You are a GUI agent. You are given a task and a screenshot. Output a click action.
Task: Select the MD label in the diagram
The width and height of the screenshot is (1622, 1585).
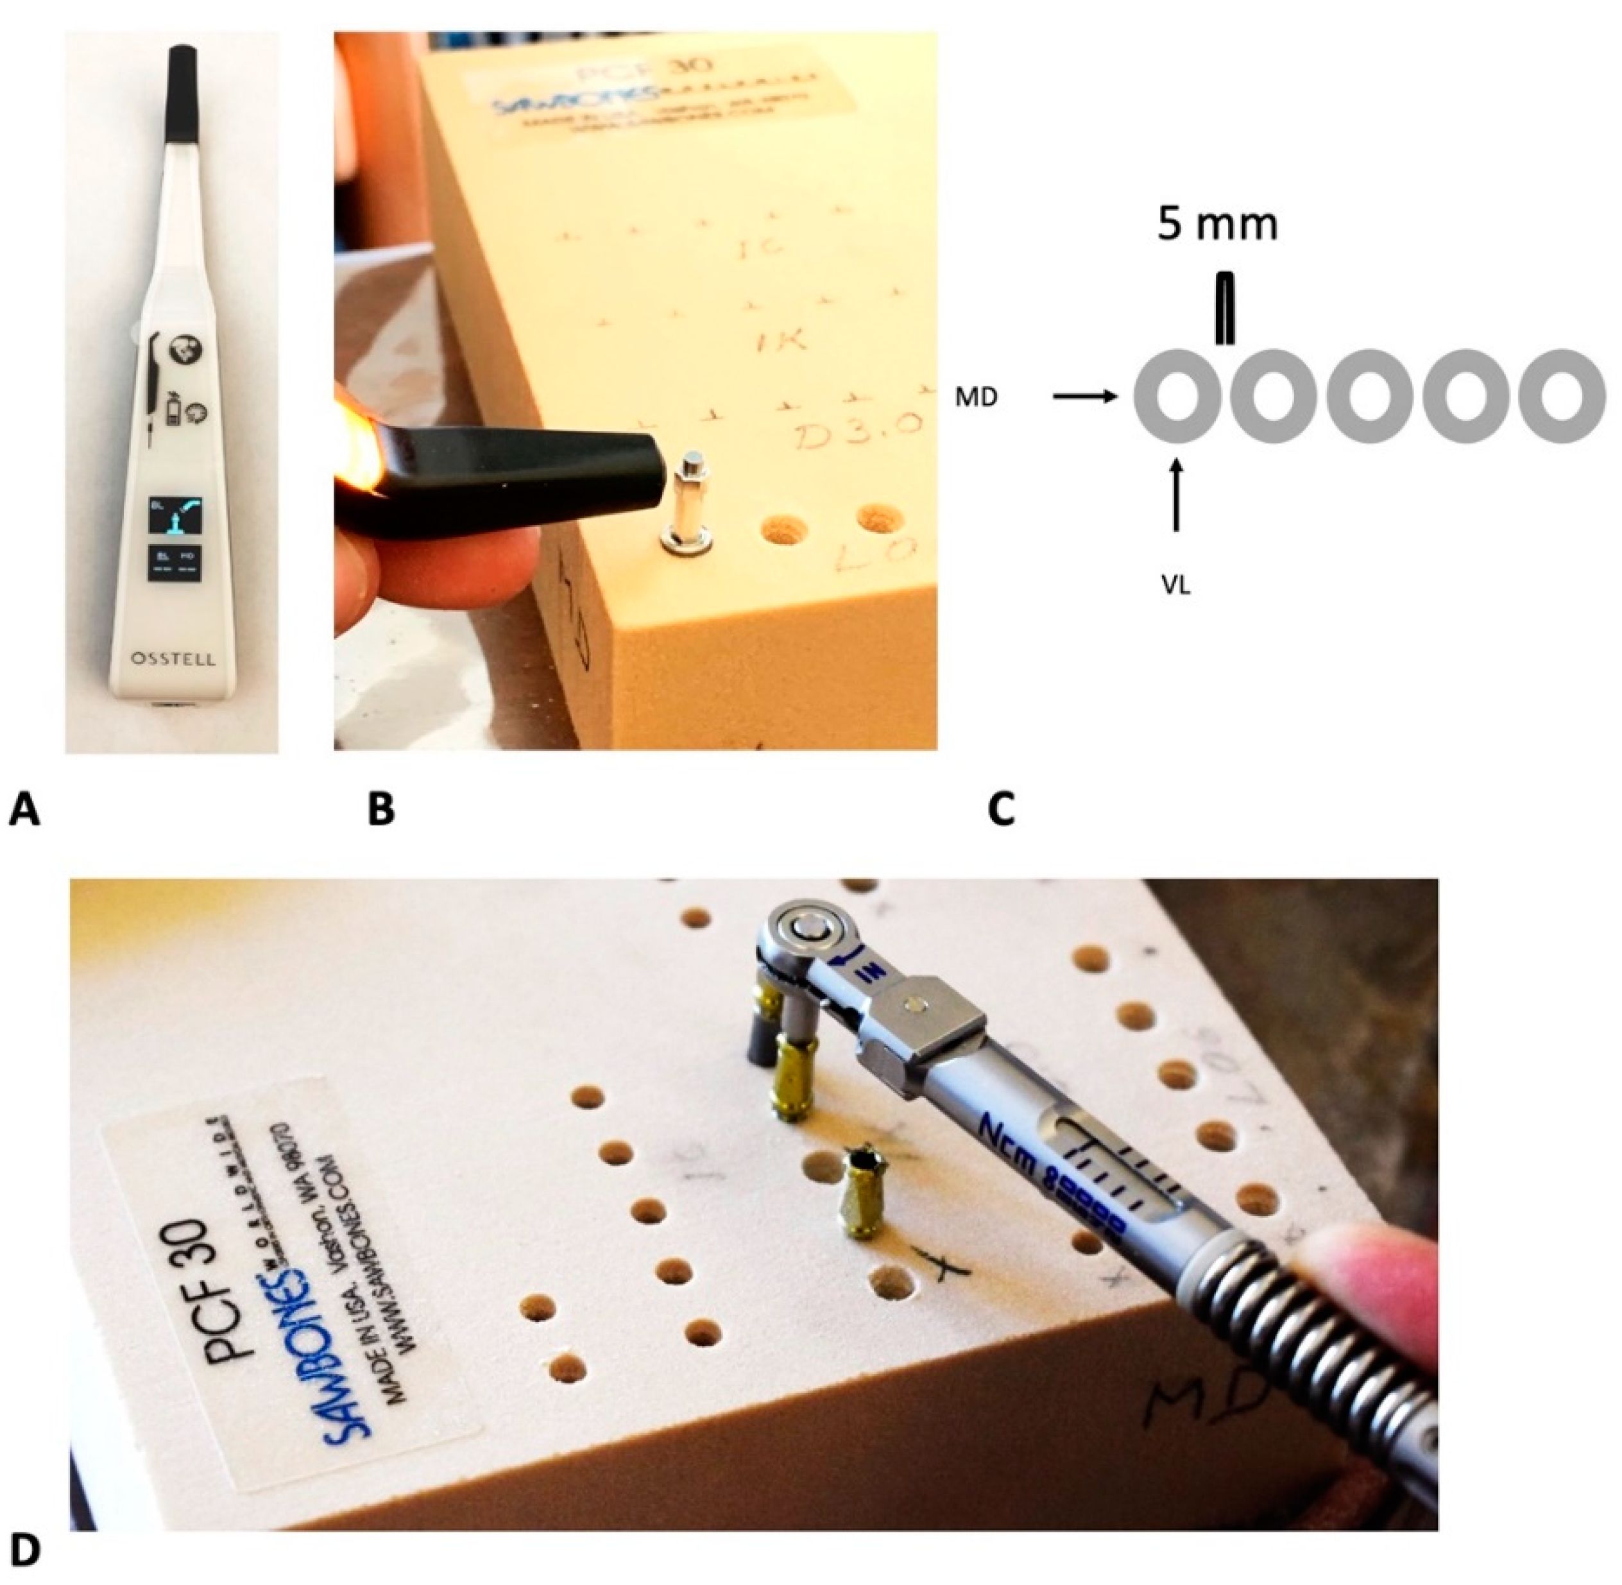click(976, 398)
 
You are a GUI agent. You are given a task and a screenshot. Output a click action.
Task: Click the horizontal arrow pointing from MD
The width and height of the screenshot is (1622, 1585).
click(1084, 398)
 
